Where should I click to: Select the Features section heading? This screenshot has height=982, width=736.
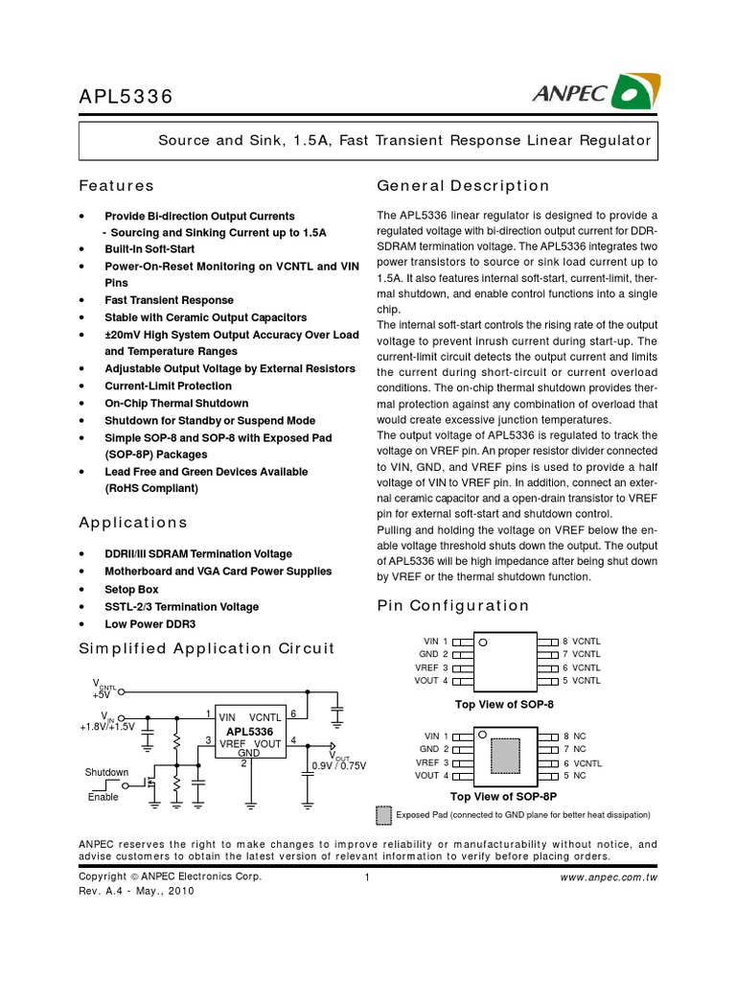(x=116, y=185)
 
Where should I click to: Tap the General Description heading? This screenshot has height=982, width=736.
(x=464, y=185)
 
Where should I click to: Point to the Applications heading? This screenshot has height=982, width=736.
(x=133, y=523)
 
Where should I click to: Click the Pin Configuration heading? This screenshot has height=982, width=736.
(x=453, y=605)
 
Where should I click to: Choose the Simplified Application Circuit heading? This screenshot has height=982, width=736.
(x=206, y=648)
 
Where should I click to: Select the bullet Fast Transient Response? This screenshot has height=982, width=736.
(x=169, y=300)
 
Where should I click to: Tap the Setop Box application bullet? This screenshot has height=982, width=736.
(x=131, y=589)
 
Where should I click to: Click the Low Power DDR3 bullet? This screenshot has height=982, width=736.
(x=149, y=623)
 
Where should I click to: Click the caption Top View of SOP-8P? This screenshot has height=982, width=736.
(x=503, y=796)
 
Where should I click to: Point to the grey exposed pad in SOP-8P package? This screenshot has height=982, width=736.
(x=504, y=755)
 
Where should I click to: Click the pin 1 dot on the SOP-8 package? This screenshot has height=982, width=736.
(x=484, y=642)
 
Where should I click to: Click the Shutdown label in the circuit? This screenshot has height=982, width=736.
(x=106, y=772)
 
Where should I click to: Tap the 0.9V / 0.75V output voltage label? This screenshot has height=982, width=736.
(x=339, y=764)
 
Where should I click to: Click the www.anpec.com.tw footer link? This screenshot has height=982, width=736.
(x=614, y=877)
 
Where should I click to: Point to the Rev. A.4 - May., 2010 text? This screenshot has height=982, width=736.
(x=136, y=890)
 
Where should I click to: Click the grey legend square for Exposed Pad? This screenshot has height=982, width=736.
(x=383, y=815)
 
